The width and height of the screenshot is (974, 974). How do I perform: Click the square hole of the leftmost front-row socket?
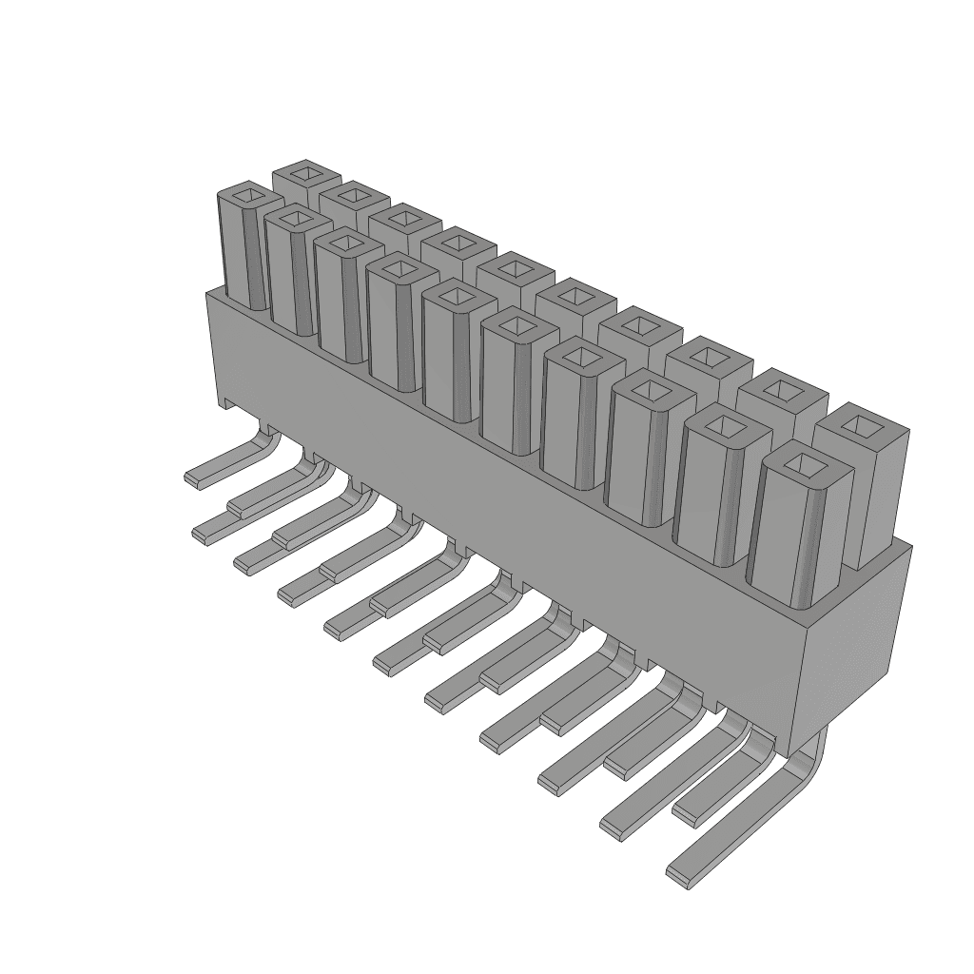coord(250,198)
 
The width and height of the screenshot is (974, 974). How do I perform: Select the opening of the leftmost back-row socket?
coord(307,173)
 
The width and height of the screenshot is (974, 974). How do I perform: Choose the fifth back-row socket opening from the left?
coord(513,271)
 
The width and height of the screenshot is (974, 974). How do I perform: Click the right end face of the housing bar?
coord(856,647)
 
